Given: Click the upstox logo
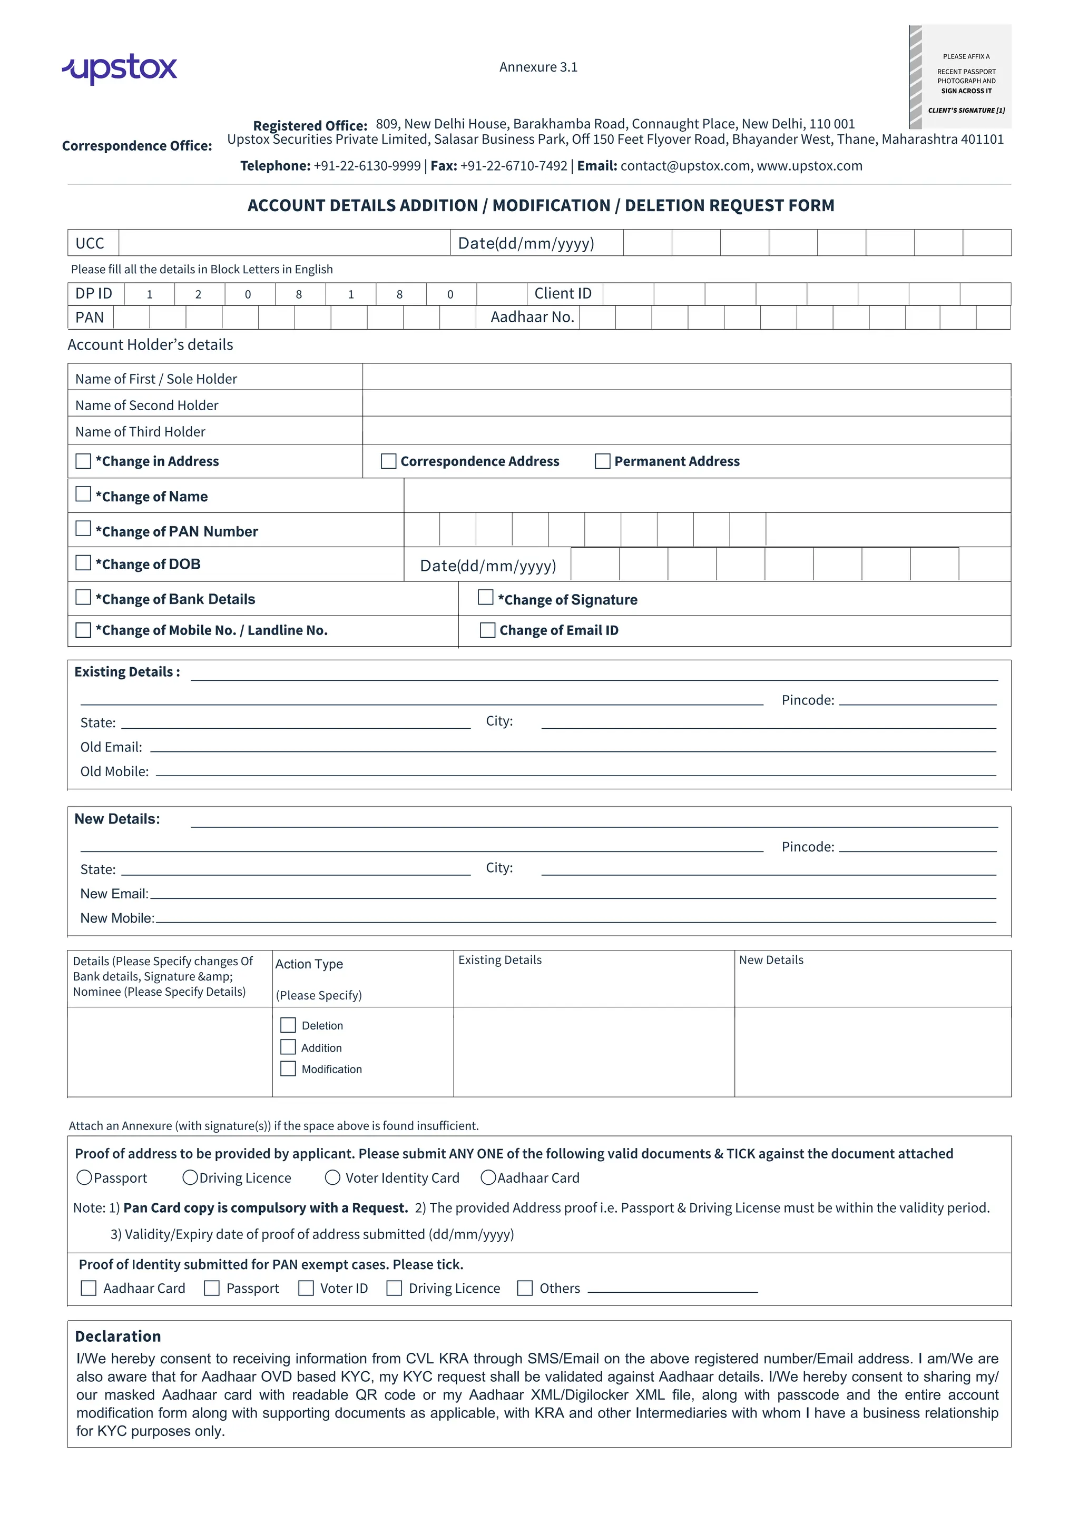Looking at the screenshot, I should click(120, 68).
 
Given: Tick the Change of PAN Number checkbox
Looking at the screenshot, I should click(83, 529).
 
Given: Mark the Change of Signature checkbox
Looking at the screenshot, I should click(486, 598).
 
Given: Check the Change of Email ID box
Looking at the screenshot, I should click(488, 630).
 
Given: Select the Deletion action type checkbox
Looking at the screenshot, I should click(288, 1025).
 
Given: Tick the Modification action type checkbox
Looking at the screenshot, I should click(288, 1068).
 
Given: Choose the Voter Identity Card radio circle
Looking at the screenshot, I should click(333, 1177).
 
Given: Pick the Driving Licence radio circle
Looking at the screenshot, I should click(190, 1177).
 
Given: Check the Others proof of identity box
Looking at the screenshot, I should click(525, 1288).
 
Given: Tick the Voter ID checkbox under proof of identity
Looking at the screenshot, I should click(306, 1288).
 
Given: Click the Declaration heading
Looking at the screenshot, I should click(117, 1336).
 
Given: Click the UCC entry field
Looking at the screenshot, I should click(285, 243).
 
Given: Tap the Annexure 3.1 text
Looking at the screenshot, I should click(538, 67).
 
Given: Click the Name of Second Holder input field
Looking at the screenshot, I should click(686, 404).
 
